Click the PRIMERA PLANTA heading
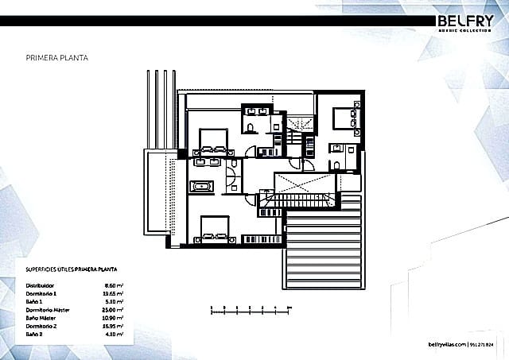[x=56, y=59]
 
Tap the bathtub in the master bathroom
[x=201, y=188]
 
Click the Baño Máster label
[x=41, y=318]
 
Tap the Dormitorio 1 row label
[x=42, y=292]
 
